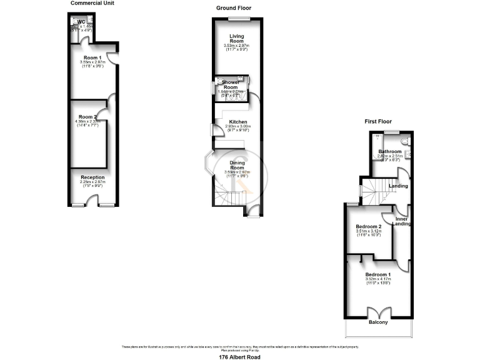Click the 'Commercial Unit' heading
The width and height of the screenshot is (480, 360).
click(x=92, y=3)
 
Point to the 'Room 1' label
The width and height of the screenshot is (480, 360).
click(x=94, y=57)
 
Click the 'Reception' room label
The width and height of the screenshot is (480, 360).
click(x=92, y=177)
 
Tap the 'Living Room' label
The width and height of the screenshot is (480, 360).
click(x=237, y=39)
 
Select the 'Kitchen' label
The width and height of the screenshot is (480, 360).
click(x=237, y=122)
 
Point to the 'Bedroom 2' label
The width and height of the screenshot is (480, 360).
click(x=368, y=226)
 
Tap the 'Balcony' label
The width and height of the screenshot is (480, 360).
click(x=377, y=322)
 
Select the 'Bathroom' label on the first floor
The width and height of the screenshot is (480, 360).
click(x=389, y=151)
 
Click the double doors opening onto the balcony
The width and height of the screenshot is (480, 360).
click(x=377, y=312)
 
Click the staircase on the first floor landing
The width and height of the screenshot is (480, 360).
click(x=374, y=191)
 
